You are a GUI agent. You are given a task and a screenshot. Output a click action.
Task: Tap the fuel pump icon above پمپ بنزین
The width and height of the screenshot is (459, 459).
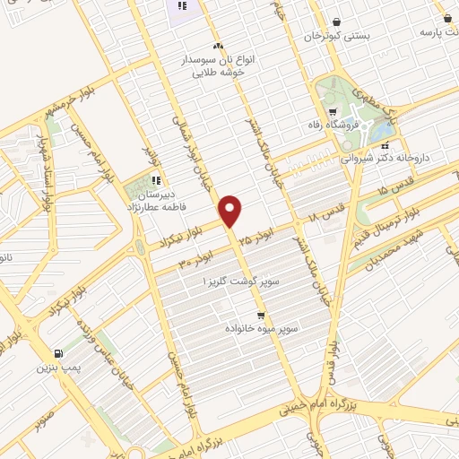(x=58, y=353)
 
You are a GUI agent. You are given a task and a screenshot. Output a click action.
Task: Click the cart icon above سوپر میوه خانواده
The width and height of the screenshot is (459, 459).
(x=261, y=316)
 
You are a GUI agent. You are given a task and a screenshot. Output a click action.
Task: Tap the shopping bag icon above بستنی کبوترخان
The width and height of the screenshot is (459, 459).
(x=336, y=22)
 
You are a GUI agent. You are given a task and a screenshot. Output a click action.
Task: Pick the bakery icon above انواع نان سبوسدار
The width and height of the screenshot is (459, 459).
(x=218, y=46)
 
